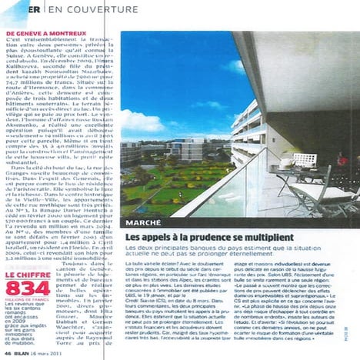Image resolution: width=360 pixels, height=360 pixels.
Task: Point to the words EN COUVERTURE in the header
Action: [x=84, y=9]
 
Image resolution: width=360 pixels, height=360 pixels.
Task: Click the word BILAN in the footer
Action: [x=25, y=353]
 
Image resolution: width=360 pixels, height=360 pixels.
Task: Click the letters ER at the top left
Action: [x=35, y=9]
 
